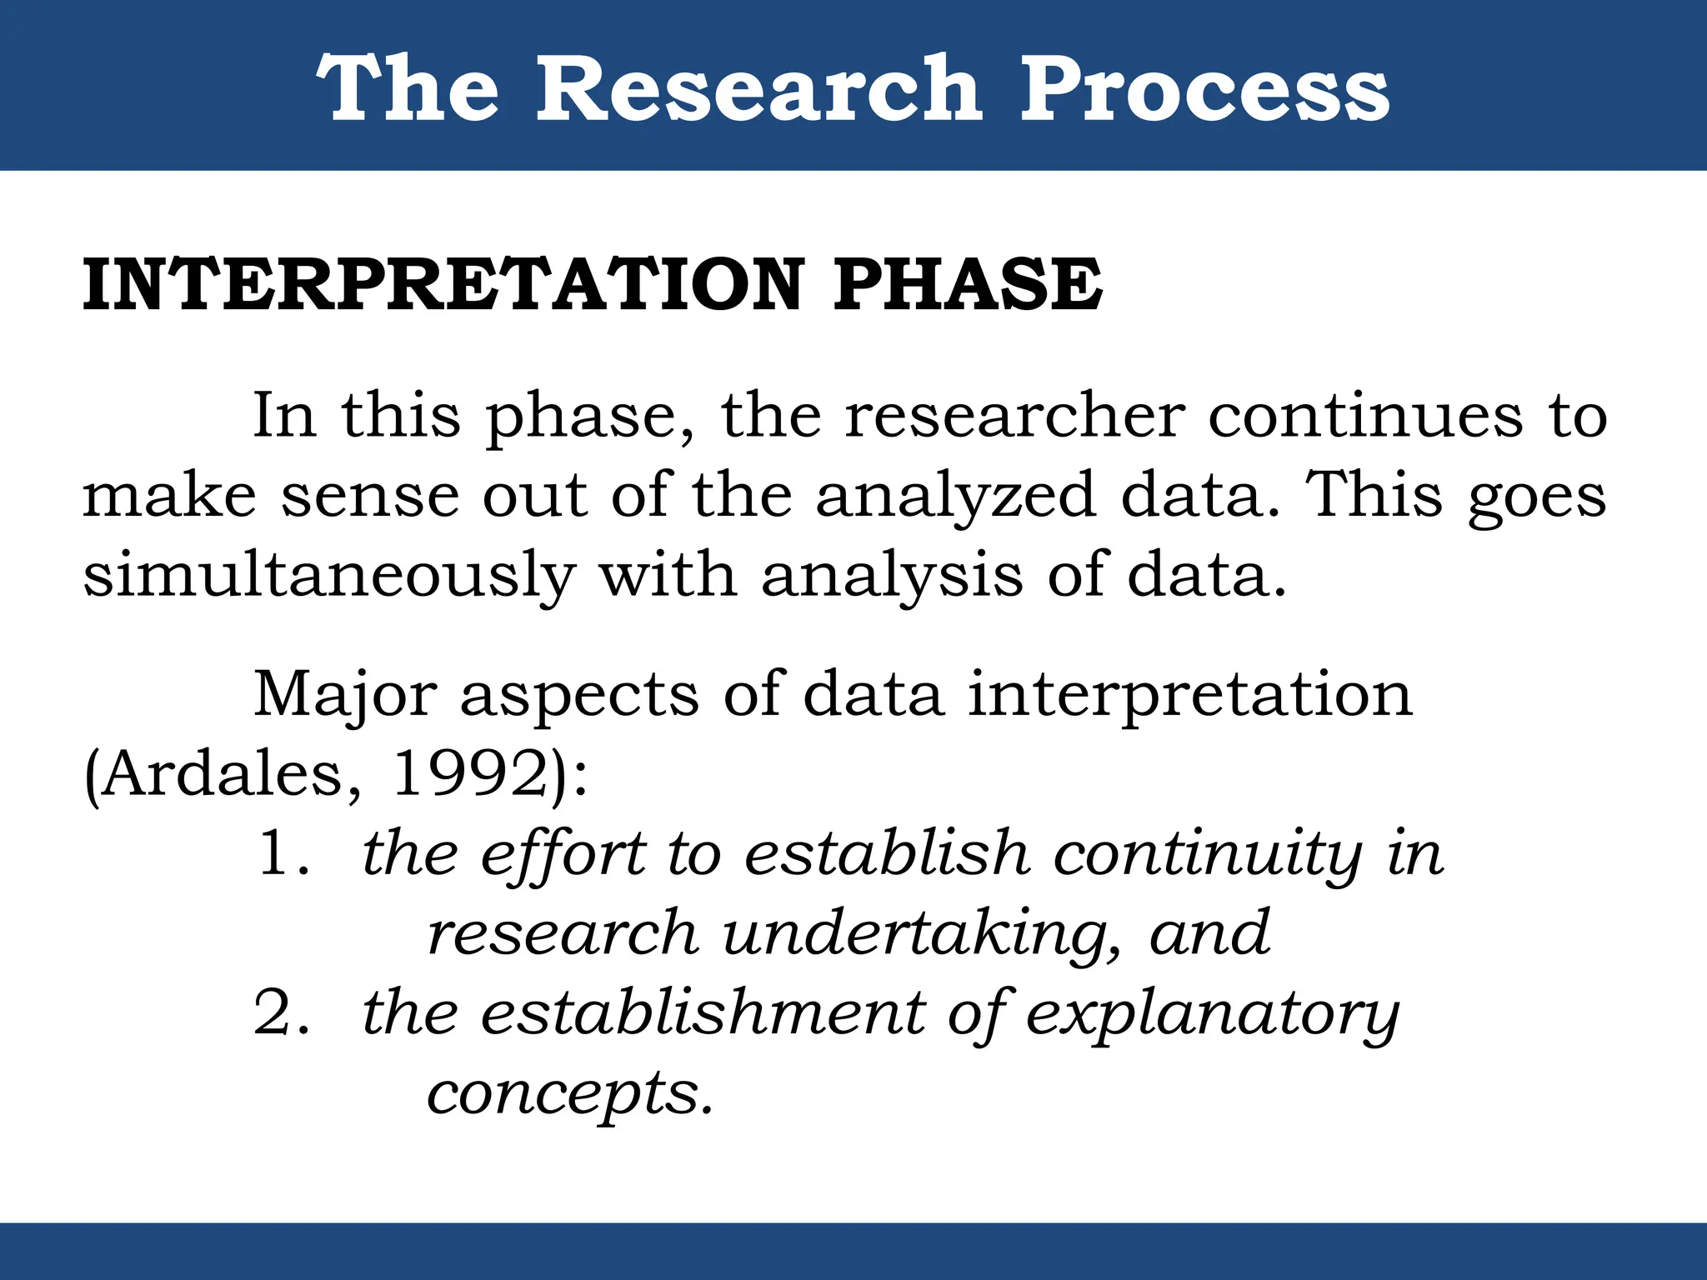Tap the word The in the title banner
(408, 88)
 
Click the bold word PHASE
(968, 285)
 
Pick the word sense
(370, 496)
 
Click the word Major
(345, 695)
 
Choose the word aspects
(579, 697)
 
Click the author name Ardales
(223, 775)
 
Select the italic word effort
(563, 856)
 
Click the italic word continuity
(1208, 856)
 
